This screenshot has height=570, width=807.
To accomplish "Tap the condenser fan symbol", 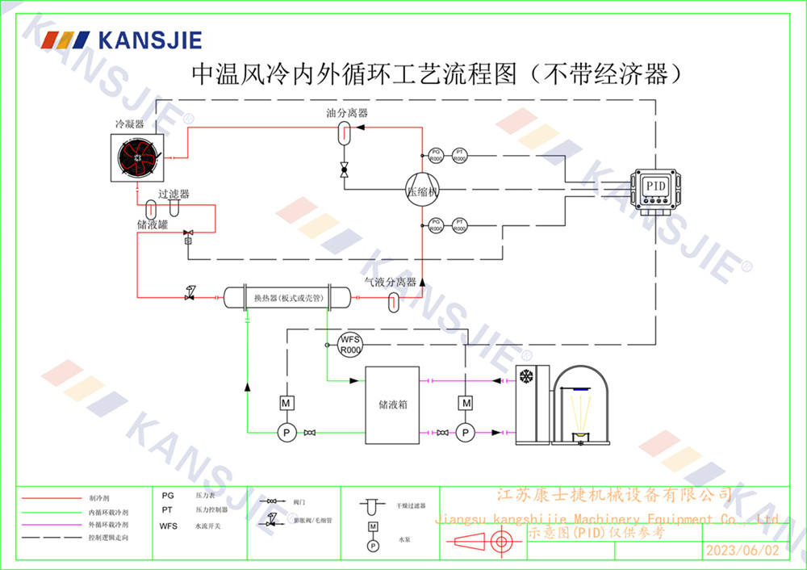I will pos(138,159).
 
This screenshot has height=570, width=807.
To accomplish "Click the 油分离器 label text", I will pos(347,114).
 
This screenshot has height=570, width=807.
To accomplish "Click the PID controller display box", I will pos(656,187).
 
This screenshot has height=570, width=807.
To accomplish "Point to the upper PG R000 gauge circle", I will pos(435,155).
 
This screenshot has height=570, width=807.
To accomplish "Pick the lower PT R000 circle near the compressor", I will pos(459,225).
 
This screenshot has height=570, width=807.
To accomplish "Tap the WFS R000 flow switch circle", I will pos(349,344).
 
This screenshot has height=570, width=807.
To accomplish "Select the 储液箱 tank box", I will pos(392,404).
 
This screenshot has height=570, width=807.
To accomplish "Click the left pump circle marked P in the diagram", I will pos(285,434).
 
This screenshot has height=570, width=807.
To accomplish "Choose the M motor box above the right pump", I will pos(465,402).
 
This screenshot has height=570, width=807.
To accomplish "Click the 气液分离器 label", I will pos(390,283).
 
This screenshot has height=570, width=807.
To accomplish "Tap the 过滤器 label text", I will pos(174,195).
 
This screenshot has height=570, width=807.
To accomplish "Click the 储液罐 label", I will pos(152,225).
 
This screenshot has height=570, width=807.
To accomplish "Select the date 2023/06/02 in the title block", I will pos(742,551).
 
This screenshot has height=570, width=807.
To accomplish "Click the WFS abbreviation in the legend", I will pos(168,526).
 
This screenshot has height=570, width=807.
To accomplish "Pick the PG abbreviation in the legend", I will pos(167,496).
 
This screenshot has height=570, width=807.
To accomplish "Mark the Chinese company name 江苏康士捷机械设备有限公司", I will pos(614,495).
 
